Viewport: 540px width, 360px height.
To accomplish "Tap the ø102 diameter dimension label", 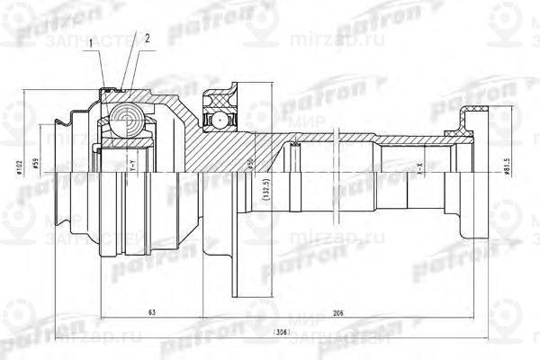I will click(19, 168).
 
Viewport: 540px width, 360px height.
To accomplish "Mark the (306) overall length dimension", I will click(257, 331).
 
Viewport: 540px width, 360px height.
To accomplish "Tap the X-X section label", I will click(418, 167).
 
